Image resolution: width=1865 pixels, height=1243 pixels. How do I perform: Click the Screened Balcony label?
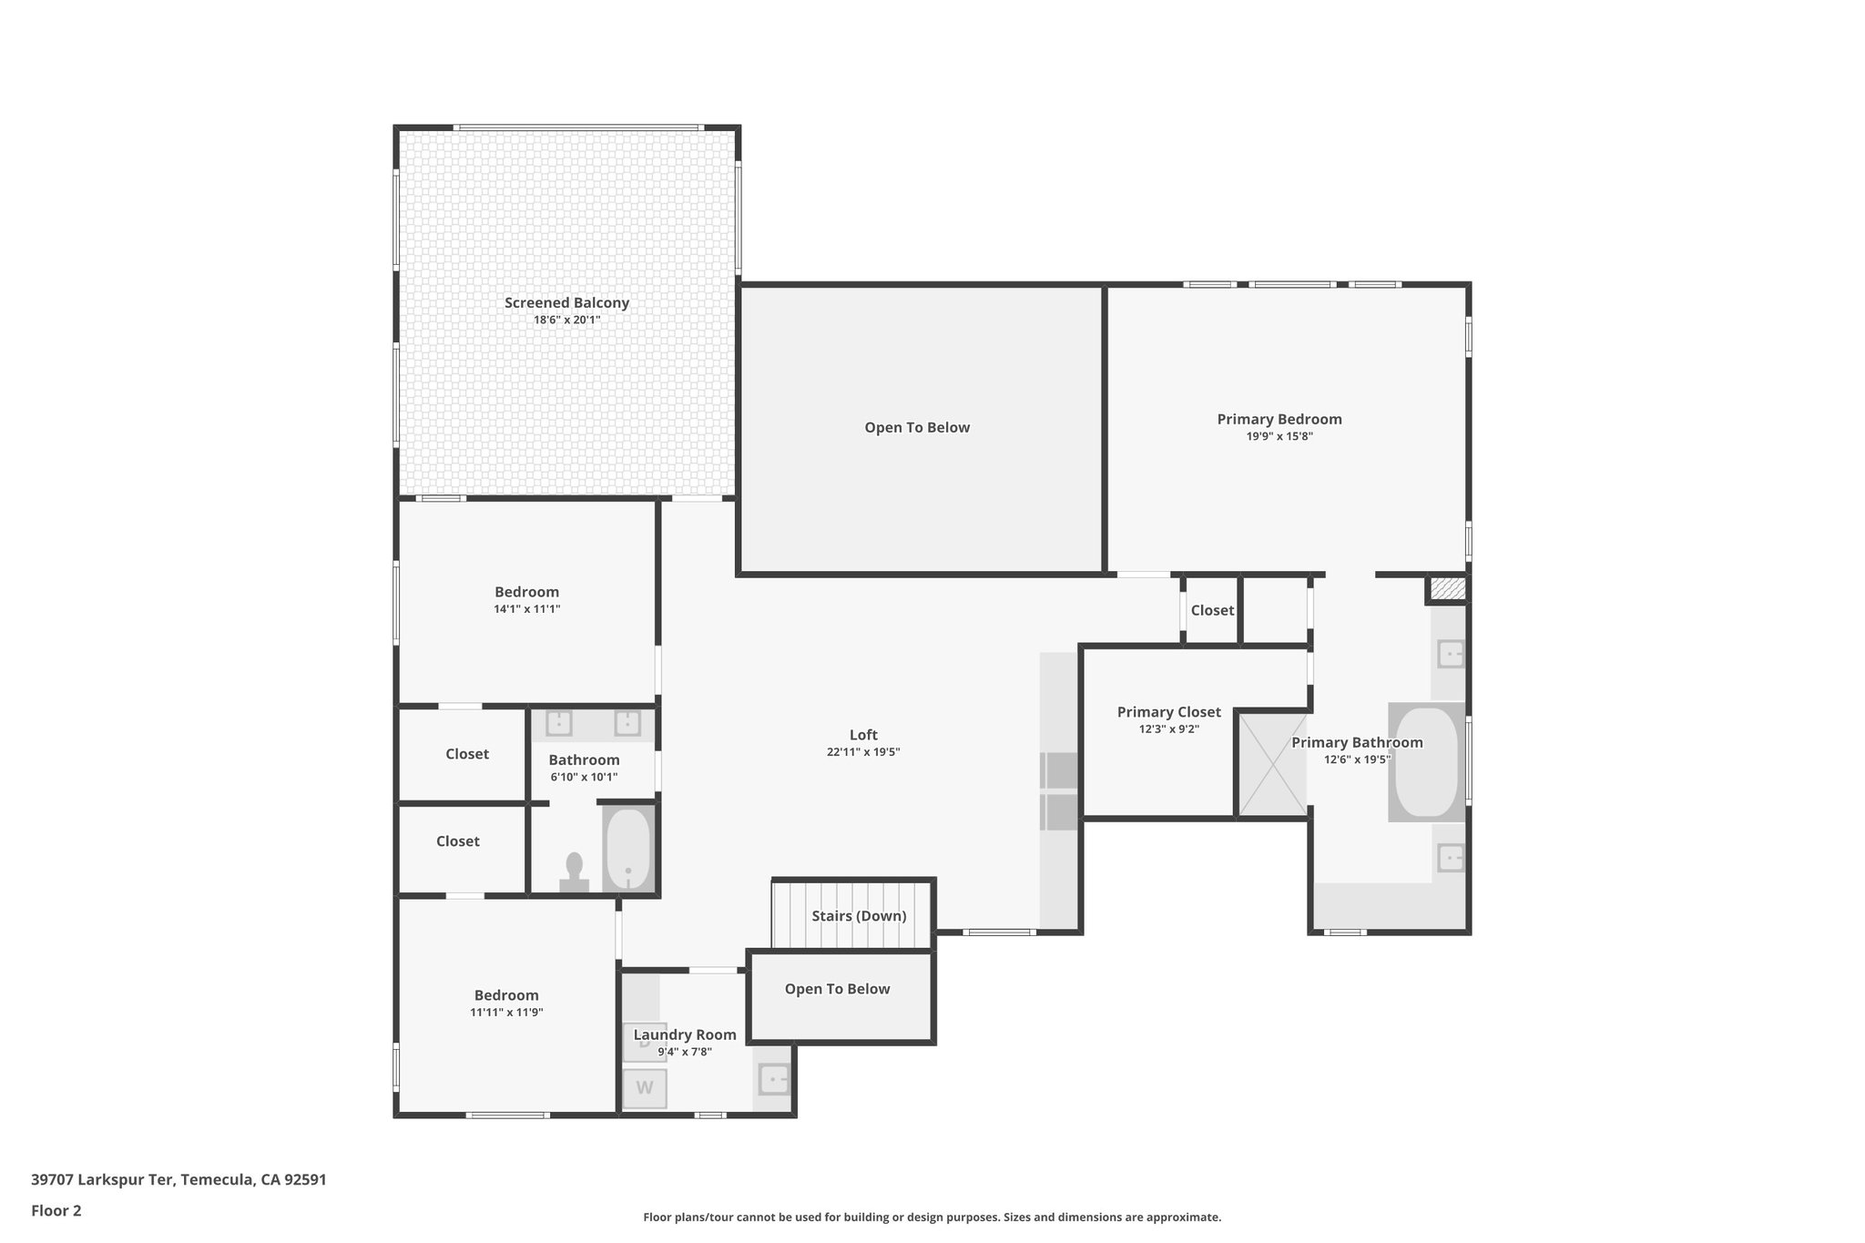point(566,303)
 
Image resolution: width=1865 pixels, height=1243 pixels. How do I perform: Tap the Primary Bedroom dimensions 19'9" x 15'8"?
point(1279,436)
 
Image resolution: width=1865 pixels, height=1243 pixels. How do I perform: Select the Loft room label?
point(863,735)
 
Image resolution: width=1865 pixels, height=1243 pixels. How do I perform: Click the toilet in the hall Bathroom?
point(574,871)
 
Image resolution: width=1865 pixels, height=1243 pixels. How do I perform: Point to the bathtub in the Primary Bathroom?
point(1426,762)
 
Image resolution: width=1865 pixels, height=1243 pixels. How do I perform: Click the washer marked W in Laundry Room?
point(644,1087)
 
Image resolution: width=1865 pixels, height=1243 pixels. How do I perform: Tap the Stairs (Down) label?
point(859,916)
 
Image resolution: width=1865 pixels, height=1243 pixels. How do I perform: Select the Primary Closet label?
point(1168,712)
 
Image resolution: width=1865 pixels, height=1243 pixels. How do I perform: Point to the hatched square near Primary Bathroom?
point(1447,588)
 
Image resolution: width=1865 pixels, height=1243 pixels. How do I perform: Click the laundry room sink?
point(774,1080)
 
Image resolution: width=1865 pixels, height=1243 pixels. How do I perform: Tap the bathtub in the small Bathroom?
point(628,849)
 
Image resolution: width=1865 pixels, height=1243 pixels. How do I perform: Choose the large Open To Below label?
point(917,427)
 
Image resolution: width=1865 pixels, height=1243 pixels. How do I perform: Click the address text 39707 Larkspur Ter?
point(102,1180)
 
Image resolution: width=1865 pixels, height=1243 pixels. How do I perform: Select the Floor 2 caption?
point(56,1211)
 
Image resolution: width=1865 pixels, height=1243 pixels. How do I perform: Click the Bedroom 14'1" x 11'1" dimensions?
point(526,609)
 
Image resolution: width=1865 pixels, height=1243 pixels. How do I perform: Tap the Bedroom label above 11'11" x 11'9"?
point(506,995)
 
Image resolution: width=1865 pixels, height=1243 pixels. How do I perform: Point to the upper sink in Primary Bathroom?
point(1451,654)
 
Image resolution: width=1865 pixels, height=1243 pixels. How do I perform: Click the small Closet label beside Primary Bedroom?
point(1212,610)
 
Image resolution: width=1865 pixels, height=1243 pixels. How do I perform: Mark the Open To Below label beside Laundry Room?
point(837,989)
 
